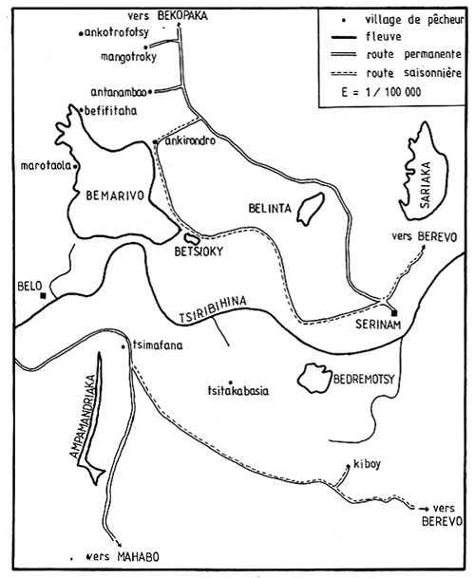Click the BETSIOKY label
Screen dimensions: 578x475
pos(194,253)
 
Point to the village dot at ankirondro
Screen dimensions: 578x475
pos(156,142)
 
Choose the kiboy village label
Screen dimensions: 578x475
pos(366,464)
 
